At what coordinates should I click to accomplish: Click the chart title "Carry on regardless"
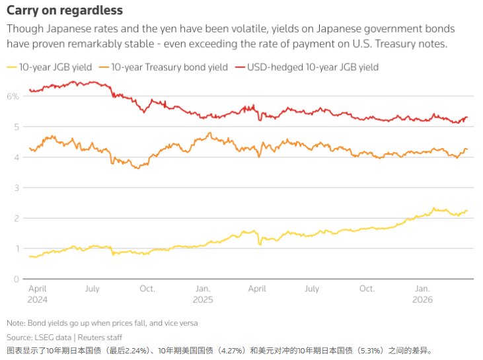click(65, 11)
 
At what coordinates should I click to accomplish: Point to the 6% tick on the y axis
click(13, 96)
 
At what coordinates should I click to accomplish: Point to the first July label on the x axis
click(93, 289)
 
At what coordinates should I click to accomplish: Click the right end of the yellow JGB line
click(467, 211)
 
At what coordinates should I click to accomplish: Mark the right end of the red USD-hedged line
click(467, 118)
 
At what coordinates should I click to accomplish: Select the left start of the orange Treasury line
click(30, 149)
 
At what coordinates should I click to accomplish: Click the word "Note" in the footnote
click(15, 323)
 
